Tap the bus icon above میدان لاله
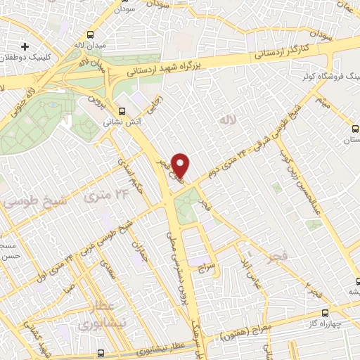click(90, 34)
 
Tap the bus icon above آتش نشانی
click(122, 110)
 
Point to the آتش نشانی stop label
click(119, 122)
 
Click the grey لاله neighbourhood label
click(226, 120)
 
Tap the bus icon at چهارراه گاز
click(324, 313)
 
